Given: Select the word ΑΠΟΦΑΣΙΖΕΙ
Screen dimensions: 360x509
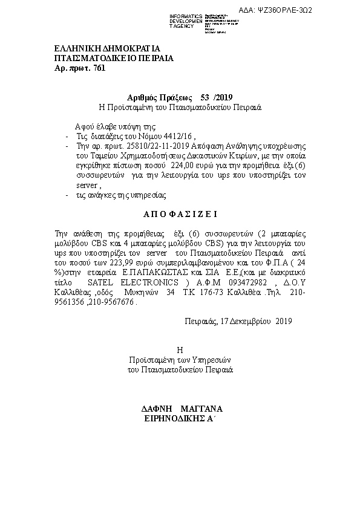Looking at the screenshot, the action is click(180, 213).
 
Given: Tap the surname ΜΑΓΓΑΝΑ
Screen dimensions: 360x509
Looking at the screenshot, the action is click(200, 407).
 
